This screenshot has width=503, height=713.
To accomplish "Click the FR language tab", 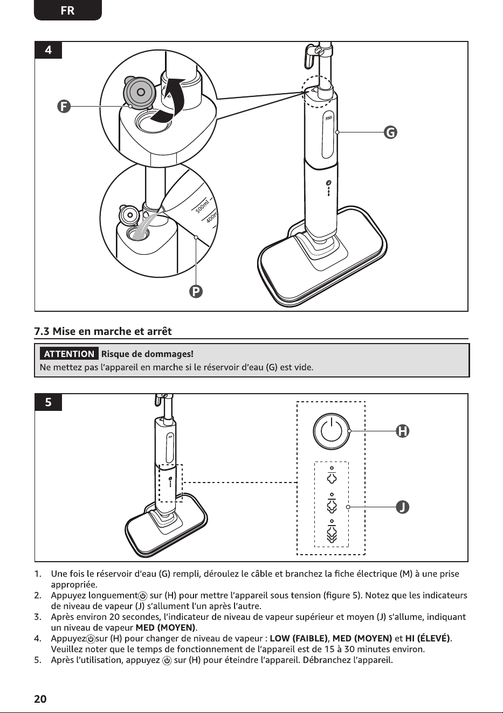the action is click(67, 11).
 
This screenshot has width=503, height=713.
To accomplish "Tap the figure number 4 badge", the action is click(48, 50).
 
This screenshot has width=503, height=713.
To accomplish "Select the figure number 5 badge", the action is click(48, 402).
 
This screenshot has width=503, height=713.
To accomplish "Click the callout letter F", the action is click(64, 106).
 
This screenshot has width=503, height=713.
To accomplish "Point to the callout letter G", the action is click(390, 132).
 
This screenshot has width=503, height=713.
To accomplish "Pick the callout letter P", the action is click(196, 291).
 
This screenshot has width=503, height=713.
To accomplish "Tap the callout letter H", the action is click(402, 431).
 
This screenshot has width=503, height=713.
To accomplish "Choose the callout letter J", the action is click(402, 507).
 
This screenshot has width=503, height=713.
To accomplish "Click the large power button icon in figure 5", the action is click(332, 431).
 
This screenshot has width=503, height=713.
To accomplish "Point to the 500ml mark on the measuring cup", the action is click(203, 205).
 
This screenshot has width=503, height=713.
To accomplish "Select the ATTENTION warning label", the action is click(69, 354).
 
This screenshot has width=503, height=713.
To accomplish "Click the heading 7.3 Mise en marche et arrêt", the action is click(102, 331).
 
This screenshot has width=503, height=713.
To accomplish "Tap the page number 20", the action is click(40, 698).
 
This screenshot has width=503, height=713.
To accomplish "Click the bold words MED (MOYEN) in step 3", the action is click(166, 627).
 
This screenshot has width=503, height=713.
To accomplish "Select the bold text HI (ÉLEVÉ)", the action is click(428, 638).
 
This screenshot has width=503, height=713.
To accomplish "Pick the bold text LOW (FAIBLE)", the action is click(299, 638).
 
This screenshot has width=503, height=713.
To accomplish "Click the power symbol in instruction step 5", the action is click(167, 660).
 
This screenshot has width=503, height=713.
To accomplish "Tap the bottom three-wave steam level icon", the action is click(332, 531).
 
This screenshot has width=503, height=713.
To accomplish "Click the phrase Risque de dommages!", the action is click(147, 354).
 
